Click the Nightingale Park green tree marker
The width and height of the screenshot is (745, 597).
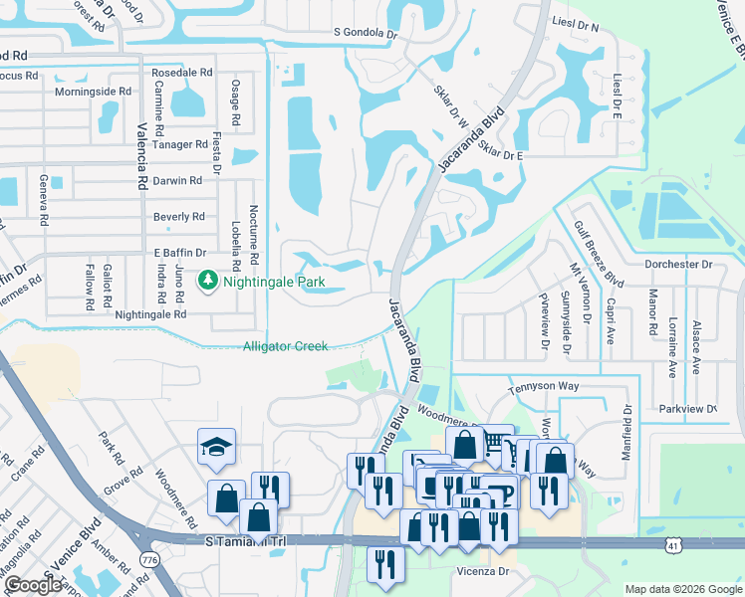pyautogui.click(x=208, y=282)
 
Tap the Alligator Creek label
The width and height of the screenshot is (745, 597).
pyautogui.click(x=285, y=346)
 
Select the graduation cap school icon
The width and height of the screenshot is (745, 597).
pyautogui.click(x=215, y=449)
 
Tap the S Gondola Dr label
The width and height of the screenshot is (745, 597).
pyautogui.click(x=366, y=32)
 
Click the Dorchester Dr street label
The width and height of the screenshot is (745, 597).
pyautogui.click(x=679, y=265)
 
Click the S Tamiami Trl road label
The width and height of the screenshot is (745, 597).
pyautogui.click(x=246, y=539)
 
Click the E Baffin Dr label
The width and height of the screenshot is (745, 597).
pyautogui.click(x=179, y=253)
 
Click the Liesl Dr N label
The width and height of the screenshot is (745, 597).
pyautogui.click(x=577, y=27)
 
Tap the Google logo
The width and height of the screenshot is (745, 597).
pyautogui.click(x=32, y=586)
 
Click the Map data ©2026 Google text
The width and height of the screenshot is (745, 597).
pyautogui.click(x=682, y=589)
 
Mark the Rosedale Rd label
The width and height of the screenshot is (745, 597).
pyautogui.click(x=181, y=74)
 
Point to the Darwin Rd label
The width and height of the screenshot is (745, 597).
pyautogui.click(x=177, y=180)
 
